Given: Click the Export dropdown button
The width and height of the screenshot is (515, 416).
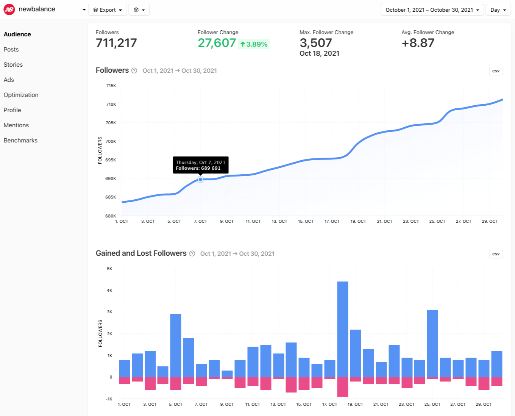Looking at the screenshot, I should (107, 10).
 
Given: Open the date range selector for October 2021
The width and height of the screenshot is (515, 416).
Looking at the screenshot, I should (432, 10).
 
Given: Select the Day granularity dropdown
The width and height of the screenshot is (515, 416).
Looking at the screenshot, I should (498, 10).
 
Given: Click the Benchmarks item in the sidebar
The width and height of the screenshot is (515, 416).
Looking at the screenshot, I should (20, 140).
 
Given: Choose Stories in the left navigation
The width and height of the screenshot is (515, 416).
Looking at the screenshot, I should (13, 64).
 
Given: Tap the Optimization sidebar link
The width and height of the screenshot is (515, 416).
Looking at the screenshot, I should (21, 95).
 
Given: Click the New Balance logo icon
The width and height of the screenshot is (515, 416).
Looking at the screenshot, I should (9, 9).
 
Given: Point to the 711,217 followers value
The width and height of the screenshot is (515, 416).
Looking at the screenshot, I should (116, 43).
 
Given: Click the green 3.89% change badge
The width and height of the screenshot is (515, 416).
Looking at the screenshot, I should (254, 44).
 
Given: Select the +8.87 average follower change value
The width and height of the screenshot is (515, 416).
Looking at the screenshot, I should (418, 43).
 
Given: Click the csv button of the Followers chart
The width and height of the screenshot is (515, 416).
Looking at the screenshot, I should (496, 71).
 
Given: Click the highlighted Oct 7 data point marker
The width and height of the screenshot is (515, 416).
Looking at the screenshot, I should (201, 180).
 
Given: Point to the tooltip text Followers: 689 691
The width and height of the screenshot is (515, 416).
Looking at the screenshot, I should (198, 168).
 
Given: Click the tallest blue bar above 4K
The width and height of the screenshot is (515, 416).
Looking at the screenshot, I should (342, 329).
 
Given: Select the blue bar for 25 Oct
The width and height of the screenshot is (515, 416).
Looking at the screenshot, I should (432, 343).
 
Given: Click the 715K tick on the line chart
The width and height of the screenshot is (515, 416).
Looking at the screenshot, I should (111, 86).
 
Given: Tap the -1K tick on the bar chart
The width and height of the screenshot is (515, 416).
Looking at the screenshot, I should (109, 399).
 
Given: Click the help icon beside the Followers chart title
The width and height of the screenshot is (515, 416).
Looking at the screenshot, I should (134, 70).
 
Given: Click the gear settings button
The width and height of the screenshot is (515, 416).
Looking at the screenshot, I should (139, 10).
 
